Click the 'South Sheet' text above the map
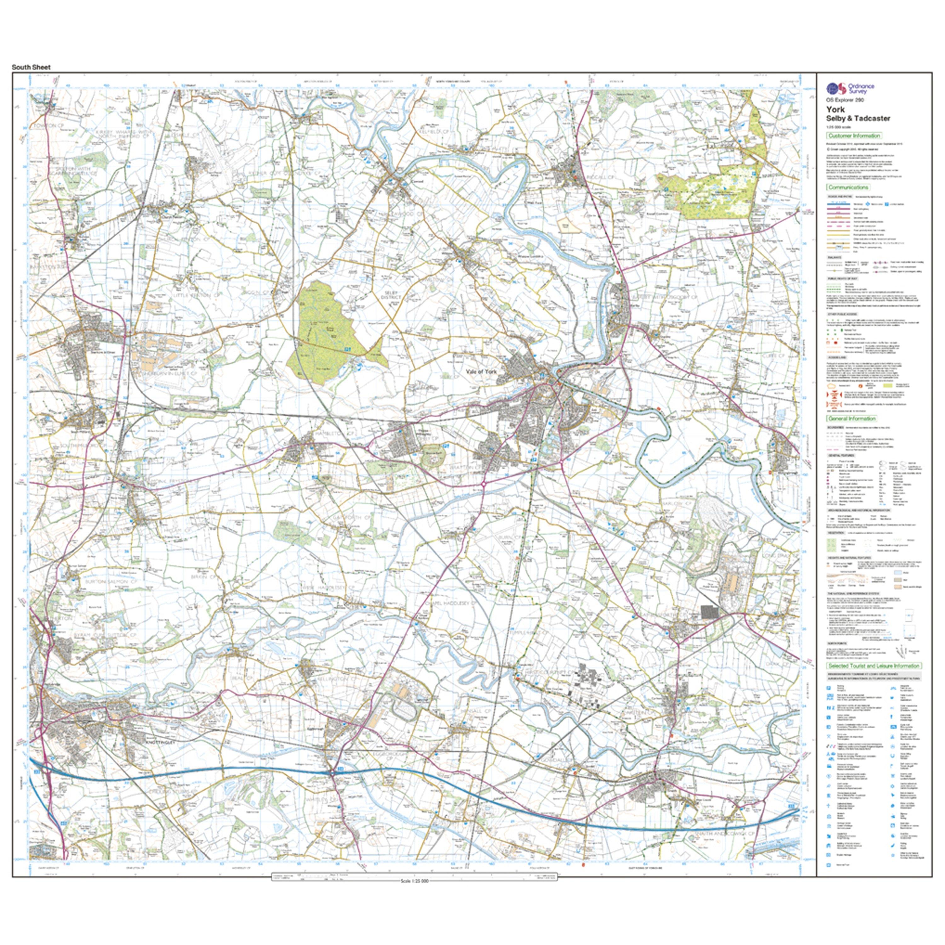31,67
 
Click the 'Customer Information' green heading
854,135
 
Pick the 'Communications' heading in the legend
848,187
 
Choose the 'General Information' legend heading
851,419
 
